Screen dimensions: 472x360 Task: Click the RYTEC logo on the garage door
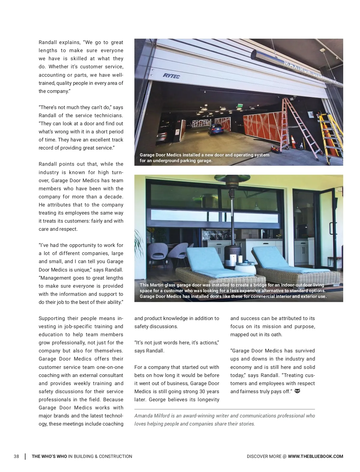171,76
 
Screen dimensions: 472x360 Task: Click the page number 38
16,456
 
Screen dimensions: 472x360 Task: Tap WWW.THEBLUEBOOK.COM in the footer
315,456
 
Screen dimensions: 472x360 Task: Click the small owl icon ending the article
297,391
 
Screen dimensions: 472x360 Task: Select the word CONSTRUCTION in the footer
115,456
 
